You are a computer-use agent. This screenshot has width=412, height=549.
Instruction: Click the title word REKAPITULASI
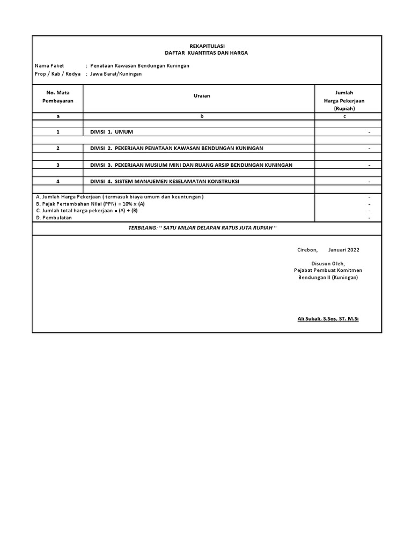coord(207,46)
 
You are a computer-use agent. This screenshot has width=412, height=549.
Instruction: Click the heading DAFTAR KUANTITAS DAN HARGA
coord(207,53)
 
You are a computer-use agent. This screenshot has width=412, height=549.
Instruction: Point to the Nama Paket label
coord(49,66)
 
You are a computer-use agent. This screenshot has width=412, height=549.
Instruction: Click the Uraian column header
coord(202,95)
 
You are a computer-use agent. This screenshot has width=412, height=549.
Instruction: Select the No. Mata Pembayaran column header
coord(58,97)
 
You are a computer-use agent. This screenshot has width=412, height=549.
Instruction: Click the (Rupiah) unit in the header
coord(344,108)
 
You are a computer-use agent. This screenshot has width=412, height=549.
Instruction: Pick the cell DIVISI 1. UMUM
coord(112,132)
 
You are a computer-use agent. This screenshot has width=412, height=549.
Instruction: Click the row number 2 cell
coord(58,149)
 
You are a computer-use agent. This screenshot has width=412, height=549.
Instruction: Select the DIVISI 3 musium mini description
coord(192,165)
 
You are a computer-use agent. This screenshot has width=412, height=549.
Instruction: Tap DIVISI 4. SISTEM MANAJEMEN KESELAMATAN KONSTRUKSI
coord(165,181)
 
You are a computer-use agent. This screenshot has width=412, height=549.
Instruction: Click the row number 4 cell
coord(58,181)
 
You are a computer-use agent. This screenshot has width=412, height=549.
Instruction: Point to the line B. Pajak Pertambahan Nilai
coord(90,204)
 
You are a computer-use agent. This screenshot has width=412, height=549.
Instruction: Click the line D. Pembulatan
coord(54,218)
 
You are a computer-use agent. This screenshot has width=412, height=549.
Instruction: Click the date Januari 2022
coord(344,250)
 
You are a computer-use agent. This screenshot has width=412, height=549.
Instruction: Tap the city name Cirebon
coord(307,250)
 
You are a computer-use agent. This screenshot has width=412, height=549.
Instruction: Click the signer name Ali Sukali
coord(328,319)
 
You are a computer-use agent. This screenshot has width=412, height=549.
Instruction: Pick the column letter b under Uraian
coord(202,116)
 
